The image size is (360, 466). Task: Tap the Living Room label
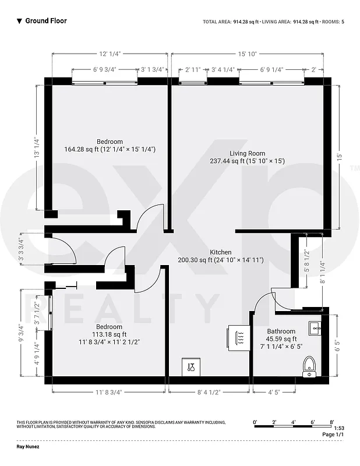click(248, 153)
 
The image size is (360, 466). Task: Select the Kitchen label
click(220, 252)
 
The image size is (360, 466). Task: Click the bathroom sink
click(315, 328)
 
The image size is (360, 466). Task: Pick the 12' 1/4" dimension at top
click(110, 54)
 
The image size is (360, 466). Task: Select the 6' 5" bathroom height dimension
click(337, 347)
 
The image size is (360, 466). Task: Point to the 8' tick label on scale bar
click(331, 421)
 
